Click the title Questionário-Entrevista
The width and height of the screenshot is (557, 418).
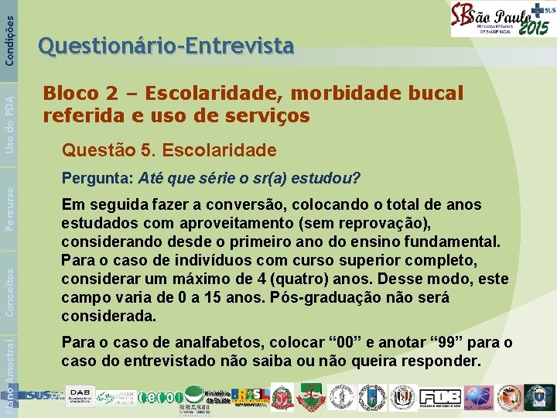point(166,47)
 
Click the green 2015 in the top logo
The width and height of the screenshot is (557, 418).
point(533,27)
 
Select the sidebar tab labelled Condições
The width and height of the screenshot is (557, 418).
point(9,31)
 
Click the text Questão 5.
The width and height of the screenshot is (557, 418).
point(120,149)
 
